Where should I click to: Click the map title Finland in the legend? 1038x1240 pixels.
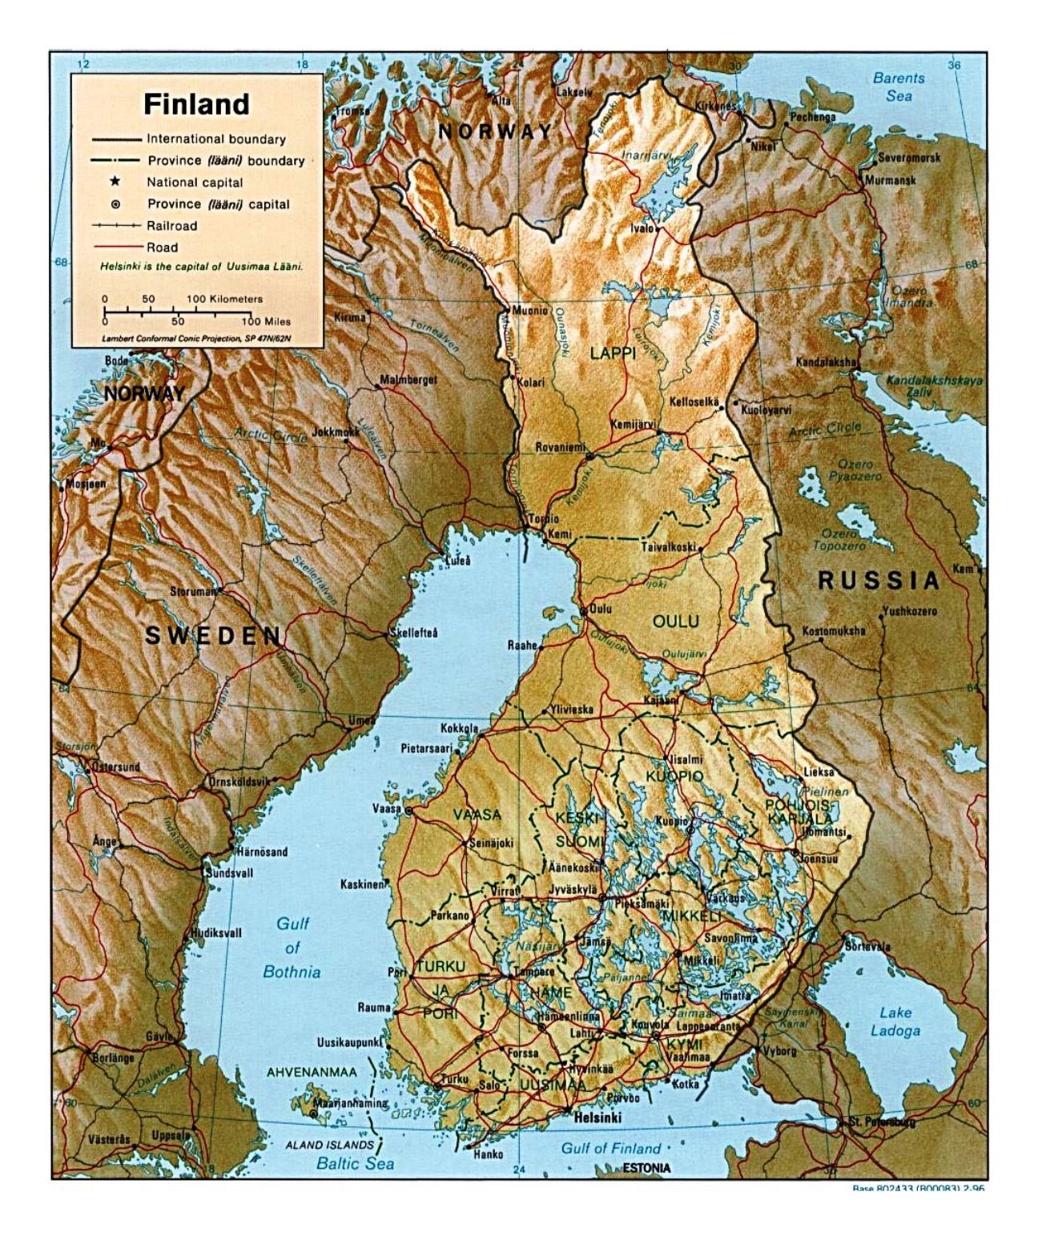[196, 104]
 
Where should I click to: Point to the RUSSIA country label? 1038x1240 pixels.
[877, 580]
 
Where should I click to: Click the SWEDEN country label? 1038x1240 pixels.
[213, 636]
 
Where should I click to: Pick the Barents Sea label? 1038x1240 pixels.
[899, 87]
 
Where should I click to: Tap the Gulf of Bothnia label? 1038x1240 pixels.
[292, 948]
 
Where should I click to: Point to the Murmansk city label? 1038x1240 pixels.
[891, 181]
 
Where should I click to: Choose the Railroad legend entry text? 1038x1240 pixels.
[171, 226]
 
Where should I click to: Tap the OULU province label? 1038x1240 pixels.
[675, 622]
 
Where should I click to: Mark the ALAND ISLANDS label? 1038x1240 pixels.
[330, 1145]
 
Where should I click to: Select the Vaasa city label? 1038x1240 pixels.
[386, 809]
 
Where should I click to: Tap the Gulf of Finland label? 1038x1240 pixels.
[610, 1148]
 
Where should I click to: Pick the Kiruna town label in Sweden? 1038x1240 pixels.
[349, 317]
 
